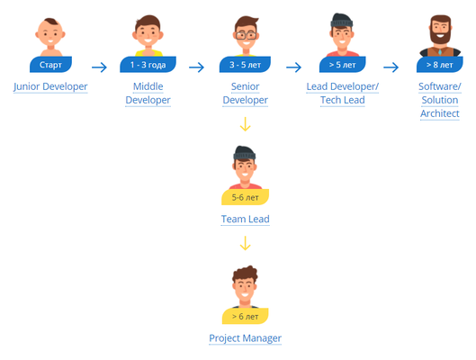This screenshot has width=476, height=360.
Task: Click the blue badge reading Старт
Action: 50,65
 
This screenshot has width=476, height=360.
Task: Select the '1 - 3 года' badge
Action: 148,65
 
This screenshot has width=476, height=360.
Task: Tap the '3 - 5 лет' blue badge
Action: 245,65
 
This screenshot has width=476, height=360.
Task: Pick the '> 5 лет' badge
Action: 343,65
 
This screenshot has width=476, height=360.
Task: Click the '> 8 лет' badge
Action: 440,65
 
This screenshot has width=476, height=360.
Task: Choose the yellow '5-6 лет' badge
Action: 245,197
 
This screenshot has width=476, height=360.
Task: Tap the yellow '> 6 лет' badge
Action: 245,316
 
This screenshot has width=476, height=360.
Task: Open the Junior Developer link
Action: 50,86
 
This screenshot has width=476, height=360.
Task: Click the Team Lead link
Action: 246,220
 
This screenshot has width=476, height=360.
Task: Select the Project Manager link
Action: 246,338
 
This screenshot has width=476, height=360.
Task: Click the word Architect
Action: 440,113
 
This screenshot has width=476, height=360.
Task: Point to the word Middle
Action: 148,86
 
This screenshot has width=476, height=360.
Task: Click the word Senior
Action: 246,86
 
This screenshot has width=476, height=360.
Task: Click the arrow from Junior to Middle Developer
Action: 99,67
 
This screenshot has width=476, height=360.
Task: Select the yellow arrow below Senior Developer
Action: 246,124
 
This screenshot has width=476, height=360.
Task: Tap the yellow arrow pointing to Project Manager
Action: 246,243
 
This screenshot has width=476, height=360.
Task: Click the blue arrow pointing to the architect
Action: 391,67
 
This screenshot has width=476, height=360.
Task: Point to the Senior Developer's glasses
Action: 246,35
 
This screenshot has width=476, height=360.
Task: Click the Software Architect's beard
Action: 440,37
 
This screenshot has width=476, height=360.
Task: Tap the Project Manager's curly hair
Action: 246,274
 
